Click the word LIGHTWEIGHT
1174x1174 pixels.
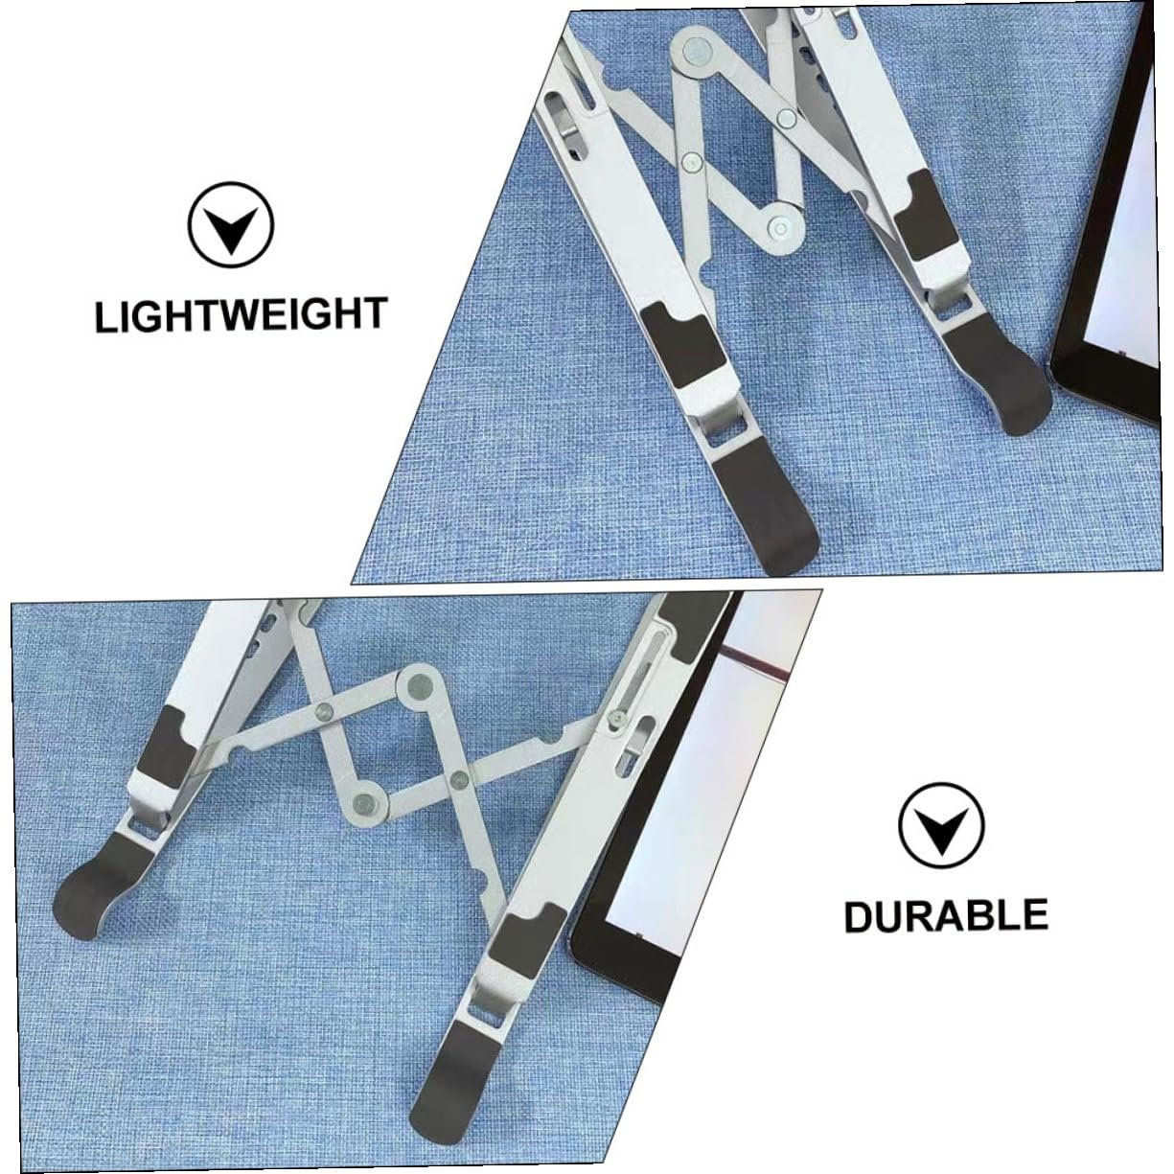(242, 314)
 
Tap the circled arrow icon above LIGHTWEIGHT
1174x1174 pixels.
(231, 224)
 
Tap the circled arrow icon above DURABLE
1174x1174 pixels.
(942, 826)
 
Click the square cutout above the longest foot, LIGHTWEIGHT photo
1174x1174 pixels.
(724, 424)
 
